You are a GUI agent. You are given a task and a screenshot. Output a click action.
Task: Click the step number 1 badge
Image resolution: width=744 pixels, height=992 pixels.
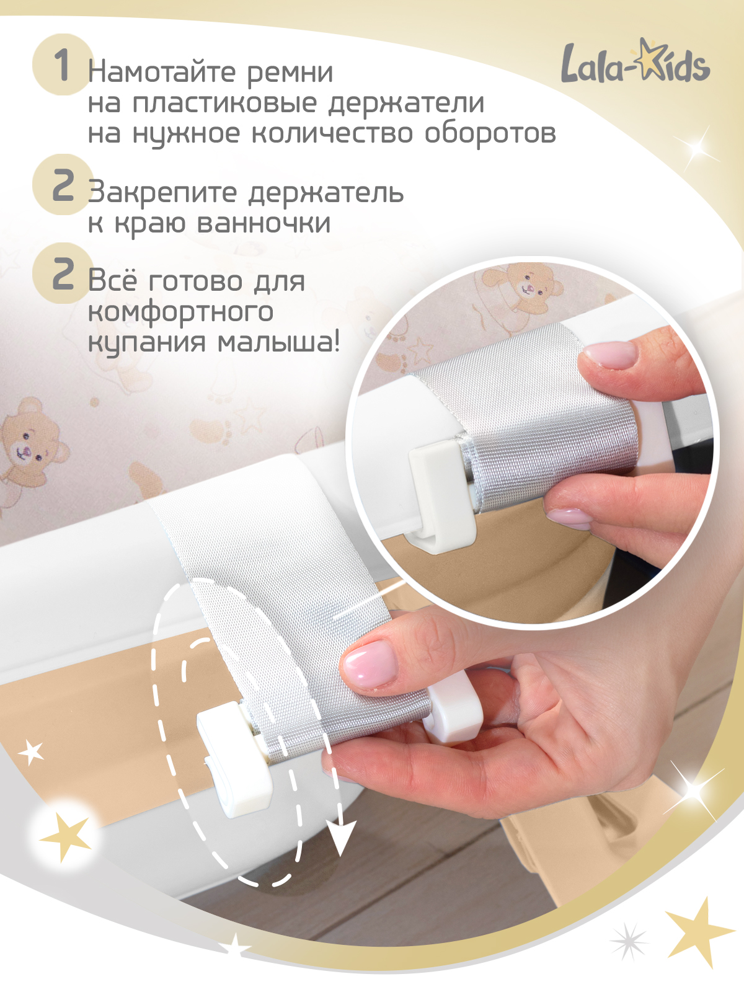(61, 64)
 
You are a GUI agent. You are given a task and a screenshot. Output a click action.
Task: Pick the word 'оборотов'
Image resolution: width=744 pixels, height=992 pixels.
(490, 133)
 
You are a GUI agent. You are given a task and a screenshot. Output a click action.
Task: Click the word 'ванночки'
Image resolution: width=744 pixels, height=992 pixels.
(263, 223)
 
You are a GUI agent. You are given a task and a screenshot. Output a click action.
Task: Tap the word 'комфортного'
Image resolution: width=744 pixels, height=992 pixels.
(180, 312)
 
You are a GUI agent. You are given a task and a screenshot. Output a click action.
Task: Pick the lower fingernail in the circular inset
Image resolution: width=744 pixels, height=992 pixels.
(569, 517)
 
